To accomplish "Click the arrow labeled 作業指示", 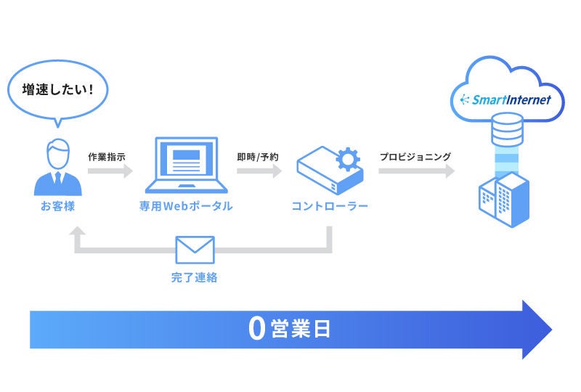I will click(x=110, y=172).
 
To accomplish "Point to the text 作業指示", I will click(x=107, y=156).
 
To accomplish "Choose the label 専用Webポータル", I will click(x=186, y=206).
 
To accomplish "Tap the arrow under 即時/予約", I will click(x=258, y=172).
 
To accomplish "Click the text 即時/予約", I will click(x=257, y=156).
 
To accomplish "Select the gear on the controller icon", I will click(x=348, y=159).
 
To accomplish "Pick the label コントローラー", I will click(x=330, y=206).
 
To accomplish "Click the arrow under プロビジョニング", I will click(x=416, y=172).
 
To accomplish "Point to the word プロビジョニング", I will click(x=415, y=156).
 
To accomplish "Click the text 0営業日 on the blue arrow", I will click(x=289, y=329).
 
